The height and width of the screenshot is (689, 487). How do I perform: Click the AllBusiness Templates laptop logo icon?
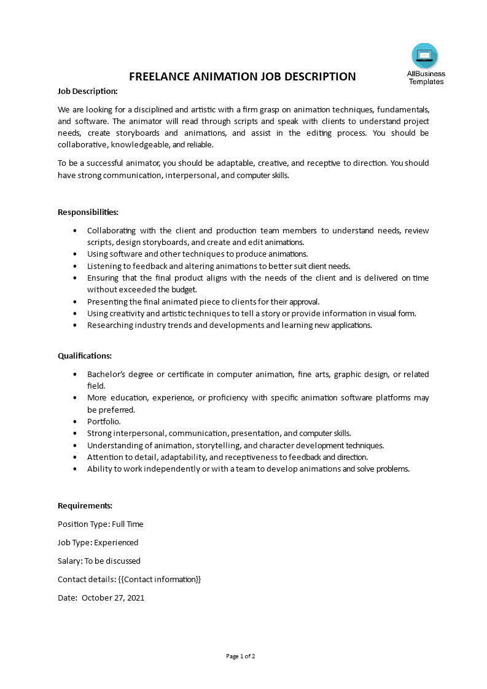(x=425, y=56)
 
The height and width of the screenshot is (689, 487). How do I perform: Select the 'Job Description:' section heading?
(x=87, y=91)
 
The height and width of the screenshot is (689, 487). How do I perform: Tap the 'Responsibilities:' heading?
(x=88, y=212)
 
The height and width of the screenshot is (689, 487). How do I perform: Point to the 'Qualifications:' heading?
(x=85, y=356)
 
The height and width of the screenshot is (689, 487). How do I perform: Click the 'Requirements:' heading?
(x=85, y=505)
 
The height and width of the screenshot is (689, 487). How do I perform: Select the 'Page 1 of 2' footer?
(x=241, y=656)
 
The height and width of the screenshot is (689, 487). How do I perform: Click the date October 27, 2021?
(x=113, y=598)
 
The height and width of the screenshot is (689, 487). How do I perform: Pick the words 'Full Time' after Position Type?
(x=128, y=524)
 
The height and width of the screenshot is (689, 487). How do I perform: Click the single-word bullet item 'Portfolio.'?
(x=104, y=421)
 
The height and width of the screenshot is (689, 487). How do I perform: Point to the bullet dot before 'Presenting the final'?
(x=75, y=302)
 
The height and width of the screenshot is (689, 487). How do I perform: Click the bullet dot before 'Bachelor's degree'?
(x=75, y=374)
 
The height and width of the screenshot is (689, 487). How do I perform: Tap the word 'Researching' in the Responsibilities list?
(x=109, y=325)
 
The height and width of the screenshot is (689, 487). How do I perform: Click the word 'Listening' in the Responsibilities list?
(x=104, y=266)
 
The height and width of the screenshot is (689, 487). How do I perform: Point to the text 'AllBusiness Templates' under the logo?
(x=426, y=77)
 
